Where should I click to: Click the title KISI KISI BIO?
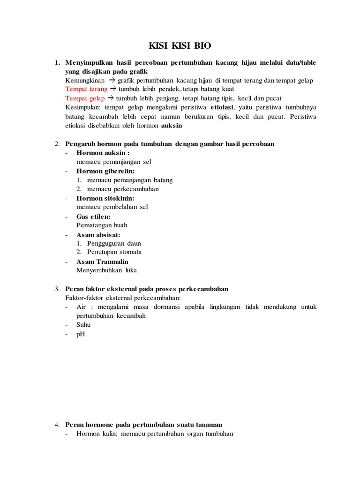180,45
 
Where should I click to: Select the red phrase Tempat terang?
86,89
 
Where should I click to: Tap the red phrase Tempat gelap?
85,98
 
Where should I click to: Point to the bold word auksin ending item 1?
172,126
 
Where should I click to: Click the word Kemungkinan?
85,80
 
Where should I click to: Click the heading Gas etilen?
94,217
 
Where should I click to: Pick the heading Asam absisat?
98,234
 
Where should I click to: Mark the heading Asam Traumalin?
102,262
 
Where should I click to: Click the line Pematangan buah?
102,225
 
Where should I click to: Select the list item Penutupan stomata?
114,252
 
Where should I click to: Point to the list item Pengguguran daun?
114,244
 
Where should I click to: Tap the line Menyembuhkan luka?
106,270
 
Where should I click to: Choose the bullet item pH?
81,334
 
